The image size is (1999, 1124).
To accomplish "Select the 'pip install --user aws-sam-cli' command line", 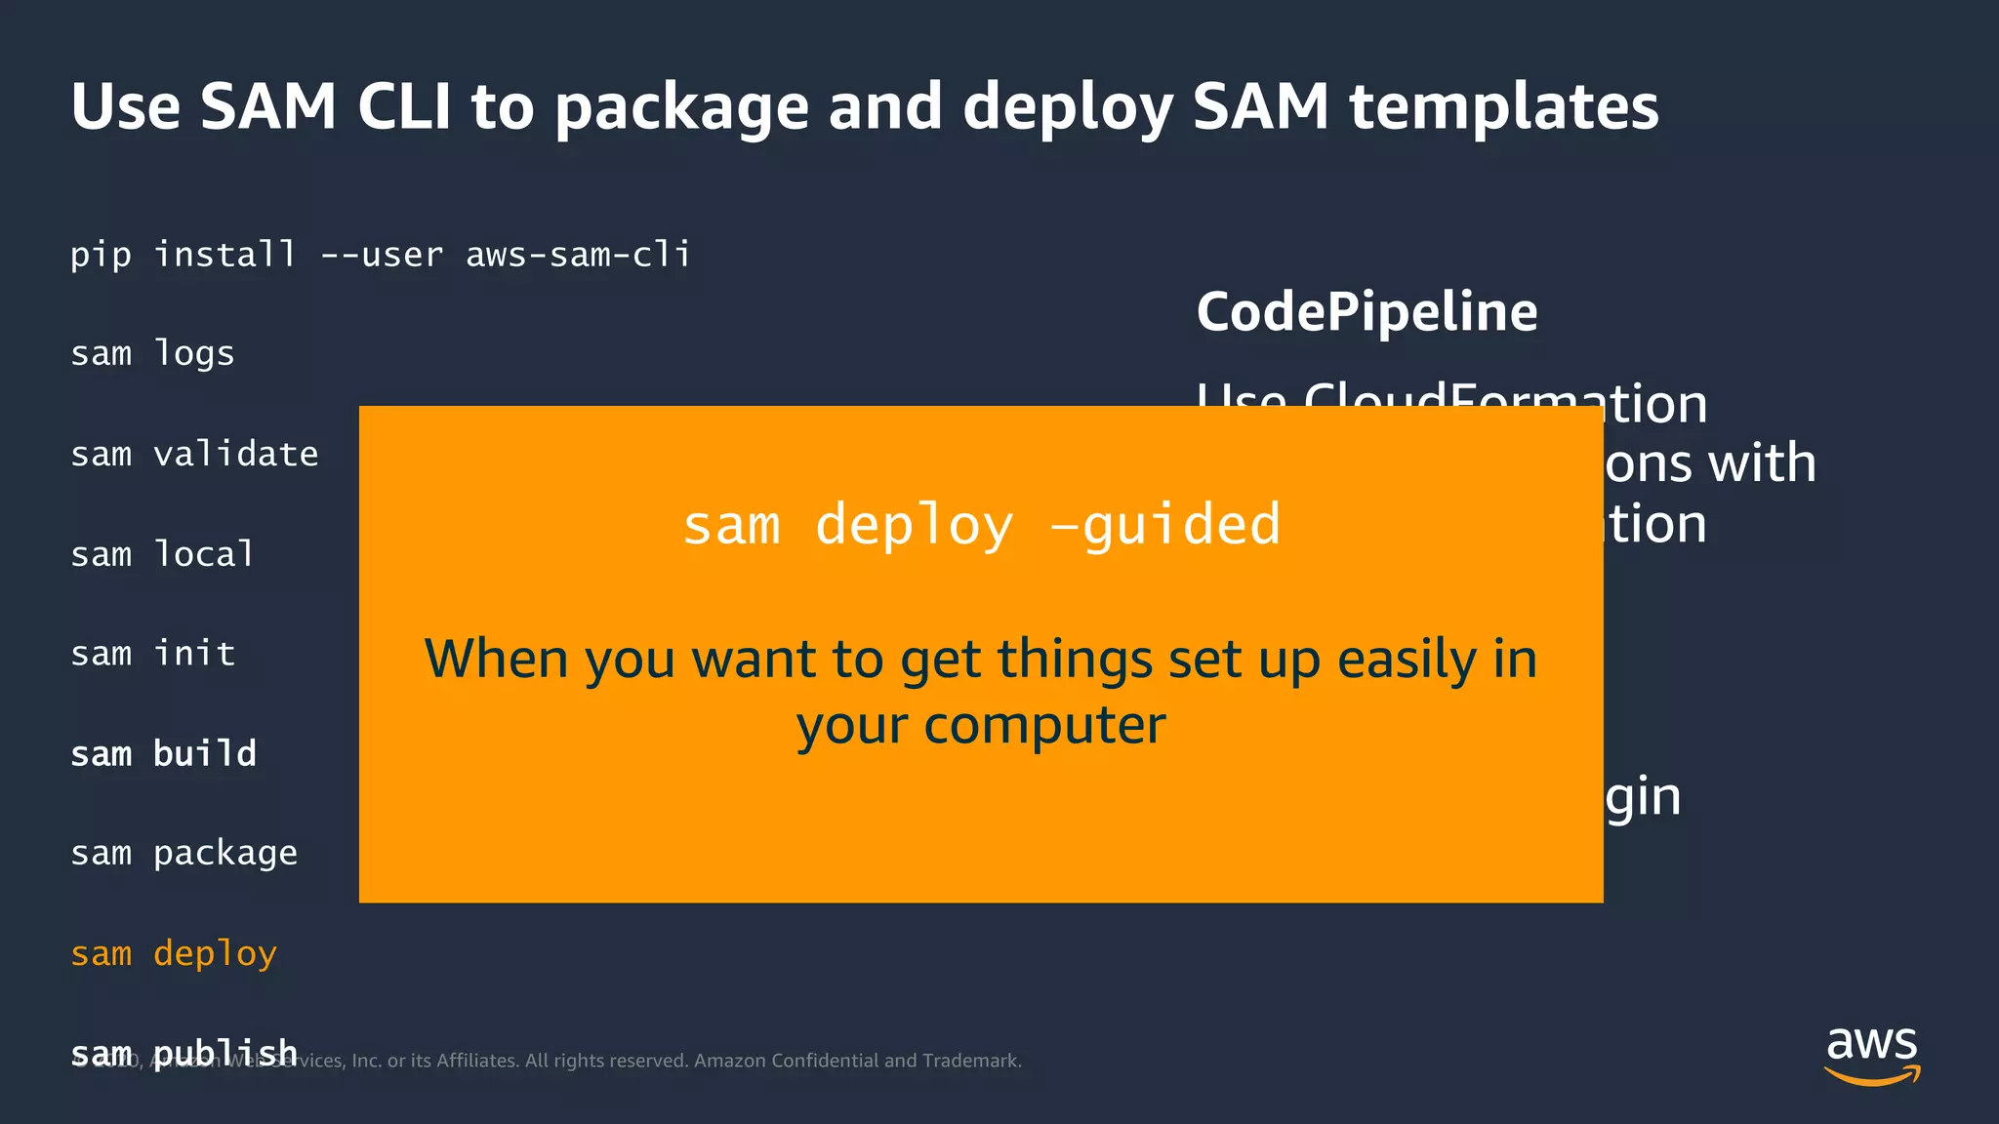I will tap(380, 255).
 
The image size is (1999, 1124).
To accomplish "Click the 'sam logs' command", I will tap(152, 353).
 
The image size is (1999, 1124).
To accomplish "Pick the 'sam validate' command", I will tap(194, 454).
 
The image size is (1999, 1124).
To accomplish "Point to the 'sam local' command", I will tap(162, 554).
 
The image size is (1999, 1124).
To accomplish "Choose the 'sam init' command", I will tap(152, 653).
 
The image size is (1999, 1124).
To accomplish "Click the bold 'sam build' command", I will tap(163, 753).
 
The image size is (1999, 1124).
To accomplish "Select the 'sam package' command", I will tap(184, 854).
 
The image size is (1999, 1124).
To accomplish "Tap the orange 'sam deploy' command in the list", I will tap(174, 953).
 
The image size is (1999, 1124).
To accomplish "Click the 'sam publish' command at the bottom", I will tap(184, 1052).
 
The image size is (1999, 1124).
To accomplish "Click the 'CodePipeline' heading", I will tap(1367, 312).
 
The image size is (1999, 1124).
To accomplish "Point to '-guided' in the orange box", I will tap(1165, 525).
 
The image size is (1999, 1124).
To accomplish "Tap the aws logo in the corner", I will tap(1871, 1055).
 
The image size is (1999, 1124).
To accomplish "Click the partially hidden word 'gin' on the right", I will tap(1644, 798).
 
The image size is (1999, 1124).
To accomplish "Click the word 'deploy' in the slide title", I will tap(1067, 107).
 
